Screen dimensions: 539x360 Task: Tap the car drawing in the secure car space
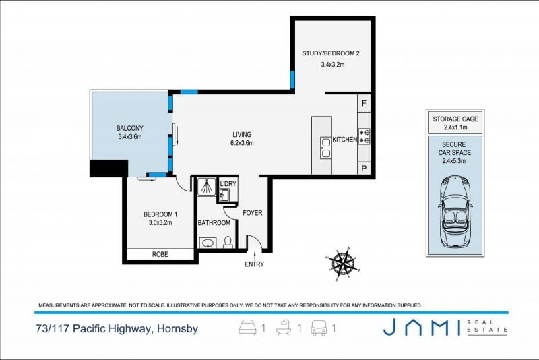click(455, 212)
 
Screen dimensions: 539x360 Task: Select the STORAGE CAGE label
click(455, 119)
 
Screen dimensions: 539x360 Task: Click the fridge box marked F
click(364, 103)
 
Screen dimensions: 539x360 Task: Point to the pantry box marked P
click(364, 169)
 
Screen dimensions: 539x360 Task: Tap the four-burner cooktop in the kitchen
click(364, 136)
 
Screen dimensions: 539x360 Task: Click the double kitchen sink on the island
click(325, 148)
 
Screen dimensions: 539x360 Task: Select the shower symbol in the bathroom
click(206, 187)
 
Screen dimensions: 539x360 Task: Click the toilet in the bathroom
click(228, 242)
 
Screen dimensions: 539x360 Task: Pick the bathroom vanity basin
click(208, 243)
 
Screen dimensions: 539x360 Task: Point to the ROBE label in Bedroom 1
click(160, 254)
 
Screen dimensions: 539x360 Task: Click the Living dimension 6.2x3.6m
click(242, 143)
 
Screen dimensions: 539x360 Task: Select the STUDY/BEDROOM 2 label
click(331, 53)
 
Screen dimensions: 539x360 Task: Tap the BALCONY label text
click(129, 128)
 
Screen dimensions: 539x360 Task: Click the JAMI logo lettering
click(422, 327)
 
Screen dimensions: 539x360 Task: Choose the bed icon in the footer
click(247, 328)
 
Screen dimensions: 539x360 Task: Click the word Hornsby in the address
click(177, 329)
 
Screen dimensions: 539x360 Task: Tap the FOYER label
click(252, 213)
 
